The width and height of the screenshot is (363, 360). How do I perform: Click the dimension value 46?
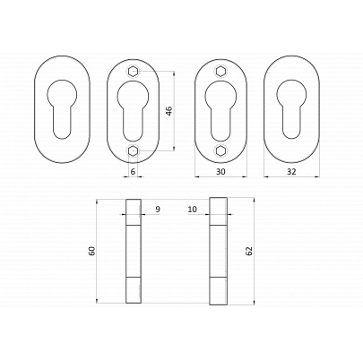coord(169,111)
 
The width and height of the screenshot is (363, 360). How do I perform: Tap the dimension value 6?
coord(133,171)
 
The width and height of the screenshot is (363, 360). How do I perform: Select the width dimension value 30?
coord(220,171)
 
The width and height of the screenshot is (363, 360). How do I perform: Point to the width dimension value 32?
coord(291,171)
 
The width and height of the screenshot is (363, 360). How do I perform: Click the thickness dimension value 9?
coord(158,210)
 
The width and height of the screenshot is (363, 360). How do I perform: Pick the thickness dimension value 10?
coord(193,210)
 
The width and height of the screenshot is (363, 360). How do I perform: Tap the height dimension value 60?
coord(92,251)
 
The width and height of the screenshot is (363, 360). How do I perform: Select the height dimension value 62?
coord(249,251)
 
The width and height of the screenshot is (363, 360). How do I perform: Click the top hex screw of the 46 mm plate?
coord(133,72)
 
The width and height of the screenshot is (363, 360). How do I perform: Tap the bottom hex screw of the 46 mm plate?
coord(133,151)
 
